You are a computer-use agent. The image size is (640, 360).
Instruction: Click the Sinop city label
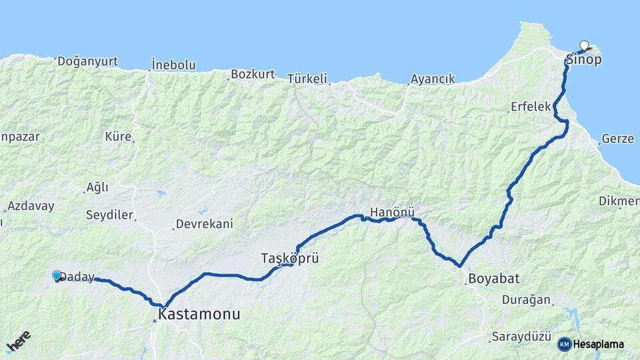(584, 60)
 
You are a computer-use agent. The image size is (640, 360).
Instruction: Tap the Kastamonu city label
(199, 314)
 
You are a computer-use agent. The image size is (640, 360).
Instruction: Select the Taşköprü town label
(290, 257)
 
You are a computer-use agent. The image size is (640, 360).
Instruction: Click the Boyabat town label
(493, 278)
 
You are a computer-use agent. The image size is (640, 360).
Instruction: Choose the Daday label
(77, 277)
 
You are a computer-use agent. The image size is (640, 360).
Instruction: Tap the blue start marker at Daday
(57, 275)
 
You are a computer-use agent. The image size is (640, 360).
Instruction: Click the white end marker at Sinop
(585, 45)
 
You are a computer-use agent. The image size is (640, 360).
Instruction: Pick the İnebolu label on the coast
(173, 65)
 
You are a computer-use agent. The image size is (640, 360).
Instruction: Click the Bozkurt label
(253, 74)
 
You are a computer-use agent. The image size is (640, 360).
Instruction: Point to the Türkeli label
(308, 79)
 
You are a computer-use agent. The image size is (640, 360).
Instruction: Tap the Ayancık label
(433, 79)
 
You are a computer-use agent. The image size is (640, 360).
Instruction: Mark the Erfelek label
(531, 107)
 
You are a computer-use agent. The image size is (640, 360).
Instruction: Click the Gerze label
(617, 139)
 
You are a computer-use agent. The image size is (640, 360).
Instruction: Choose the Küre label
(118, 137)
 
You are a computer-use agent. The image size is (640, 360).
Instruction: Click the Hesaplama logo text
(598, 344)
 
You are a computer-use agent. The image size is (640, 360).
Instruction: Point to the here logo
(18, 341)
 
